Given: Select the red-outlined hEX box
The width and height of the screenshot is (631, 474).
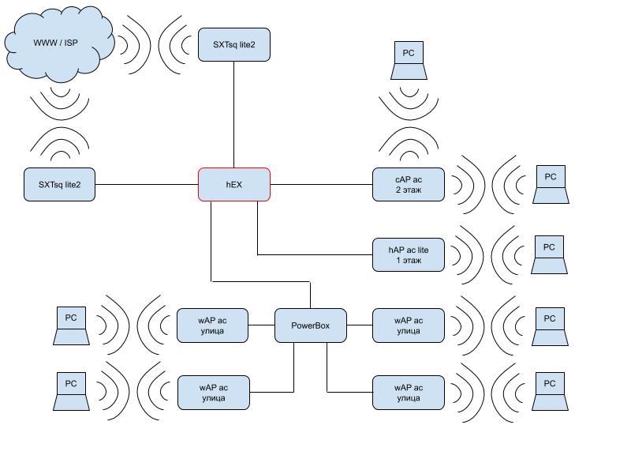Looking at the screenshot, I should tap(233, 185).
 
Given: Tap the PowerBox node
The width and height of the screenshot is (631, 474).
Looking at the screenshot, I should tap(310, 325).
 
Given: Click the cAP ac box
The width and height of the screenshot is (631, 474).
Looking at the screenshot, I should tap(409, 185).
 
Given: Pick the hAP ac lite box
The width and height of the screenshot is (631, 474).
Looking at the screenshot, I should tap(409, 254).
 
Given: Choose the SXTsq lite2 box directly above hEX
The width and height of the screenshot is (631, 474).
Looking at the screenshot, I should tap(233, 45).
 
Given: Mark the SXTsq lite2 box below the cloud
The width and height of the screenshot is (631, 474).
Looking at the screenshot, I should tap(60, 185).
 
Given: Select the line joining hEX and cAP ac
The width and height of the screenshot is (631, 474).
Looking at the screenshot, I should tap(321, 185).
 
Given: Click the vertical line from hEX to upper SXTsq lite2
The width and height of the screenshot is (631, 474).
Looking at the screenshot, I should tap(233, 115).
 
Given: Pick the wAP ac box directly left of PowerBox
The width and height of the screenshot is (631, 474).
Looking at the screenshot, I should tap(213, 325).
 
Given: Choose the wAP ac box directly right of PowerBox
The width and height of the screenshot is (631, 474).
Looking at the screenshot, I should tap(409, 325).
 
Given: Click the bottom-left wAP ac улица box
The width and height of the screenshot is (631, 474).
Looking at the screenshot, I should tap(213, 393).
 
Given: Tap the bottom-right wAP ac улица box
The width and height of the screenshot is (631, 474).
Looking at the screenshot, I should tap(409, 393).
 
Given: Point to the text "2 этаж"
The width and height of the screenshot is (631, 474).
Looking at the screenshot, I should tap(409, 191).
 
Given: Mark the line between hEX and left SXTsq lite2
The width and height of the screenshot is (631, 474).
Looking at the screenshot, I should tap(147, 185).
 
